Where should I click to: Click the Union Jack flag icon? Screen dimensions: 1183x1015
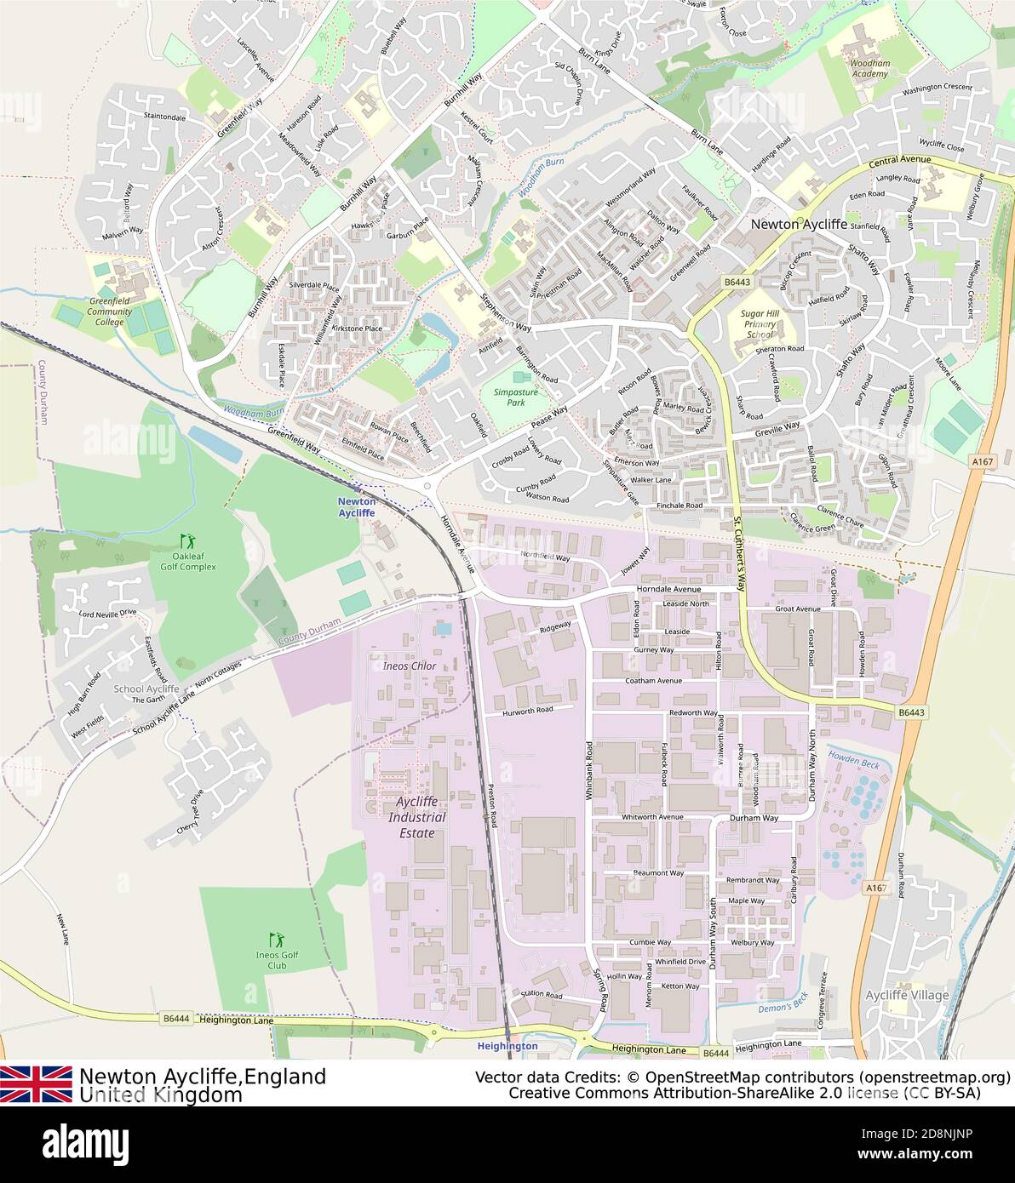36,1083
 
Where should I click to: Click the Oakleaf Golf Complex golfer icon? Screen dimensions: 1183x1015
187,540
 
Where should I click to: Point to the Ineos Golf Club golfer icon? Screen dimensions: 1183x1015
276,940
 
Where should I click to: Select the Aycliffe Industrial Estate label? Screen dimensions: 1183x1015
417,818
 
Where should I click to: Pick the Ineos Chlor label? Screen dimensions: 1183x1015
410,666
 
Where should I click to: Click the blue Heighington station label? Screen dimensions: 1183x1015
507,1045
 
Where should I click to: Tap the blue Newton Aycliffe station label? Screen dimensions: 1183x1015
357,507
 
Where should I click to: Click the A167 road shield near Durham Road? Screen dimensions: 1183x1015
877,888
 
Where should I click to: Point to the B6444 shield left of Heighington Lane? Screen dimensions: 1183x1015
175,1018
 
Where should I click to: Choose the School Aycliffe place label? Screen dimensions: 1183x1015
146,689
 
